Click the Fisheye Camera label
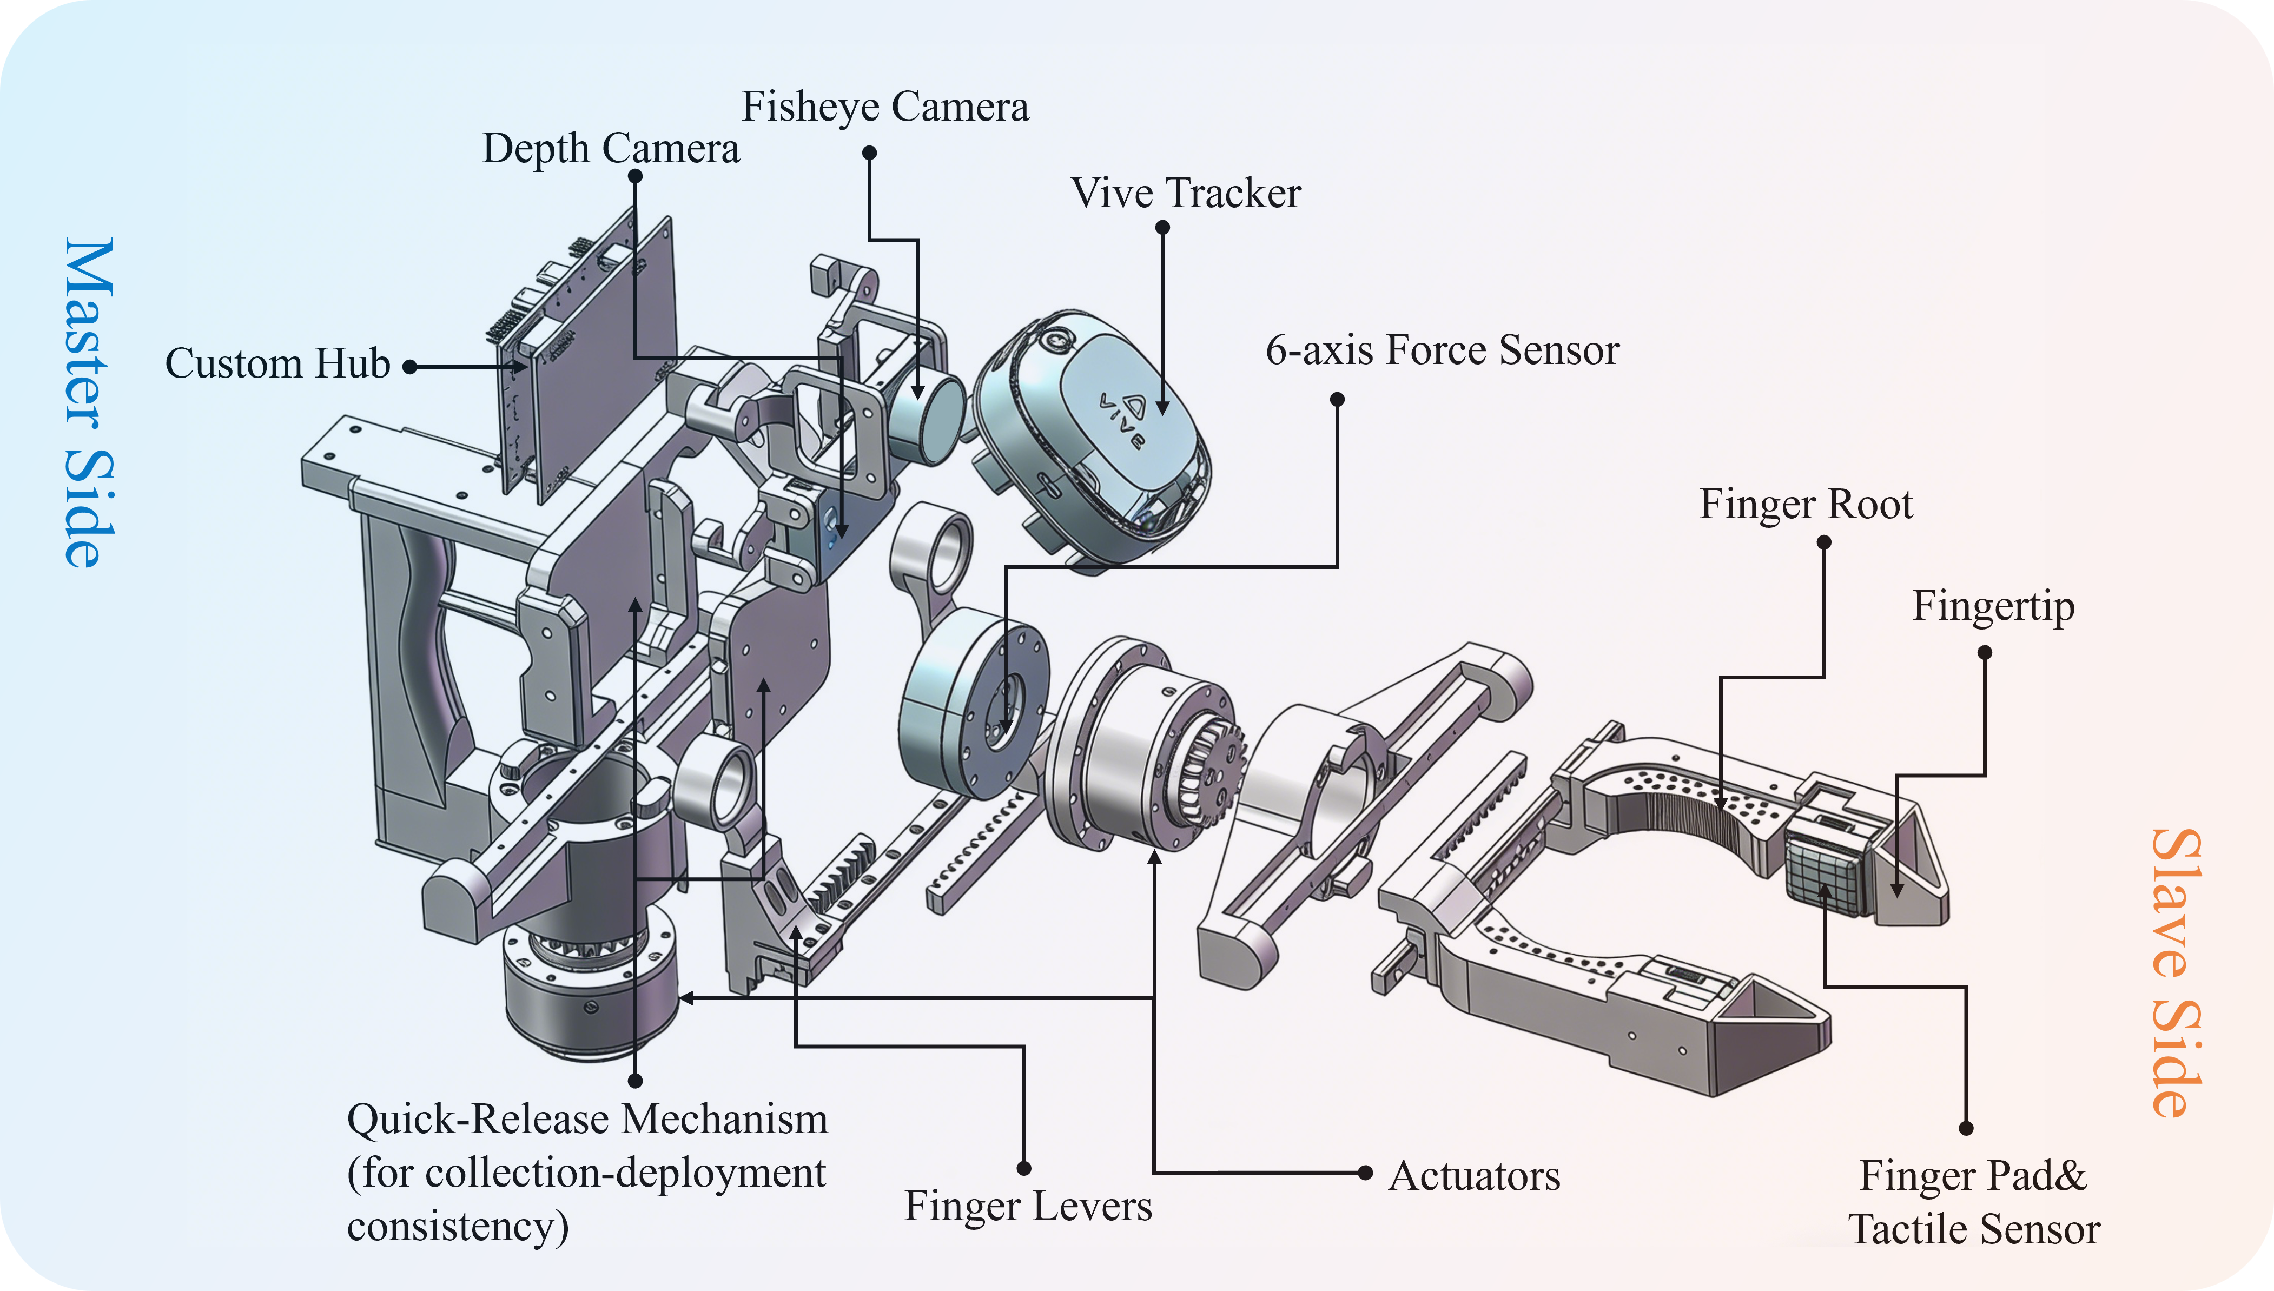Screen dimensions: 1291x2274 [x=885, y=107]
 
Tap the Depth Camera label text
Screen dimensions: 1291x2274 [x=610, y=148]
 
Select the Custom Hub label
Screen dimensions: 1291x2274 [x=277, y=363]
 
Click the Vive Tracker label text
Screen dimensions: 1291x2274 [x=1185, y=193]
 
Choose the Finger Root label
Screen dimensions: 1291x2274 [x=1806, y=505]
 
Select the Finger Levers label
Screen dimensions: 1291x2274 [x=1028, y=1206]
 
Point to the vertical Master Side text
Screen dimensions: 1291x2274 [x=89, y=403]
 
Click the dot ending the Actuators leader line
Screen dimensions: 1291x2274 [x=1365, y=1173]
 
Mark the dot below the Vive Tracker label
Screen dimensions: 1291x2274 [x=1162, y=228]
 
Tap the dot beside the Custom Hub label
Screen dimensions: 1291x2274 [x=409, y=366]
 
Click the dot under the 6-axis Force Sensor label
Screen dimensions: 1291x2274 [x=1337, y=400]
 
